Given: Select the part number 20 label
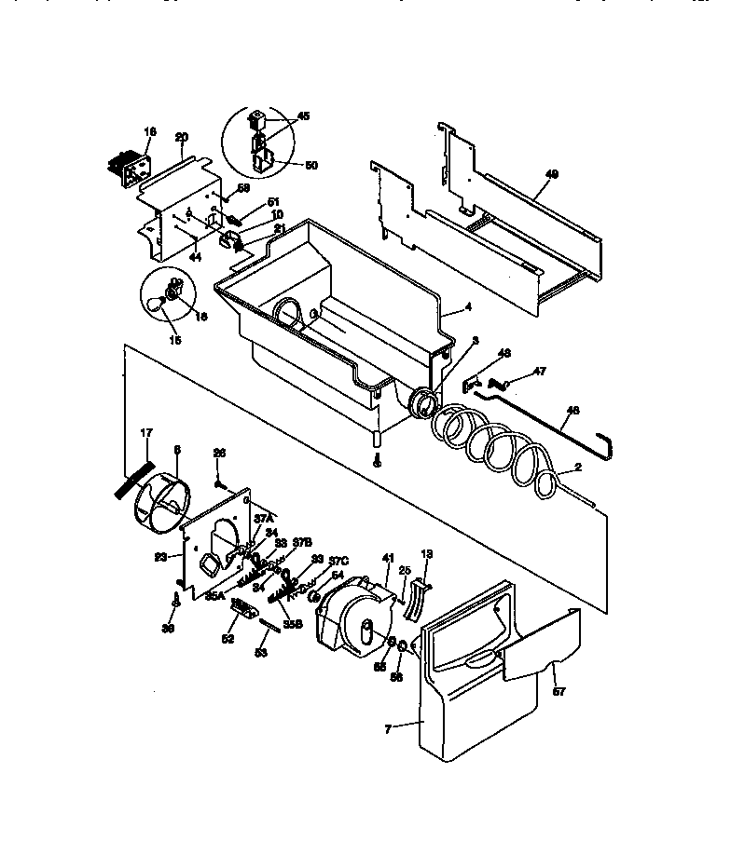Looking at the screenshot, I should point(182,136).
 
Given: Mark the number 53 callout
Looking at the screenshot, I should point(261,654).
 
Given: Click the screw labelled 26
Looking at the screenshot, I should point(218,483).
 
